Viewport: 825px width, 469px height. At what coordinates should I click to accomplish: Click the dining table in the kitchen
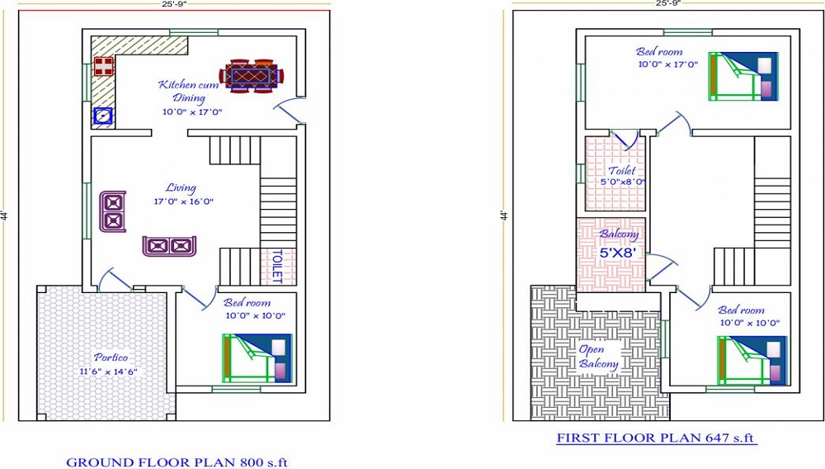(x=252, y=76)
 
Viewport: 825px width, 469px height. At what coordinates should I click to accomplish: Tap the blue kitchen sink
(x=103, y=116)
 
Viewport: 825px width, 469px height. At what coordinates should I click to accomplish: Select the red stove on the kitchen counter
(x=104, y=67)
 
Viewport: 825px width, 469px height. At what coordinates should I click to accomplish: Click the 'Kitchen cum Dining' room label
(x=189, y=91)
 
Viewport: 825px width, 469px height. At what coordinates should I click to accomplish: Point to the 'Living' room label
(x=181, y=188)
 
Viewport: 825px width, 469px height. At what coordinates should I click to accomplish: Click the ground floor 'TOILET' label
(x=277, y=267)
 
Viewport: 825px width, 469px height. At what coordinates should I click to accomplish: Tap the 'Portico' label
(x=111, y=358)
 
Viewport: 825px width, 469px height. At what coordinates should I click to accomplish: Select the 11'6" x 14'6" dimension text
(x=108, y=372)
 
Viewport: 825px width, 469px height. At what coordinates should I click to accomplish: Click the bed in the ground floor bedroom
(x=257, y=358)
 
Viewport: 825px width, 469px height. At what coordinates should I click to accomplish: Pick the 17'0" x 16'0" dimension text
(x=184, y=201)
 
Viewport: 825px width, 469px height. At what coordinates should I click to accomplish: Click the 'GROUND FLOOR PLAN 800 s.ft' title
(x=177, y=462)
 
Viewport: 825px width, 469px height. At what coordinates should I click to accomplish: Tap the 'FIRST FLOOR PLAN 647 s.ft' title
(x=656, y=438)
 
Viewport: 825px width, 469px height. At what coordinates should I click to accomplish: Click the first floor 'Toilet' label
(x=622, y=171)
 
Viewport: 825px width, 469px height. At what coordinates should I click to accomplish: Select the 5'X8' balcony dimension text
(x=618, y=253)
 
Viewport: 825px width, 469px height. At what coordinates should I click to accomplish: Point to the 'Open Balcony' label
(x=598, y=357)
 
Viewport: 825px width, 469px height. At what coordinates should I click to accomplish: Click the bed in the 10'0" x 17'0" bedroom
(x=743, y=76)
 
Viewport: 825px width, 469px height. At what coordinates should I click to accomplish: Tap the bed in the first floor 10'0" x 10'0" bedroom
(x=752, y=361)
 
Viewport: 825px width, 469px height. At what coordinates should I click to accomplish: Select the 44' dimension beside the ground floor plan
(x=3, y=216)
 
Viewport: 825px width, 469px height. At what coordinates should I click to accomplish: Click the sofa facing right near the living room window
(x=113, y=211)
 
